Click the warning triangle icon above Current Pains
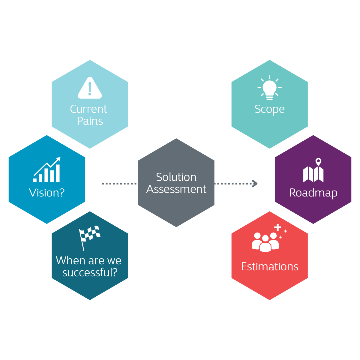point(90,88)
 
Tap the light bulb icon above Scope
point(269,88)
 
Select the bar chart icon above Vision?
point(47,170)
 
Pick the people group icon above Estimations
point(265,242)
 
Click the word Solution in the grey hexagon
point(176,177)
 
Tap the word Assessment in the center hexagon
point(176,189)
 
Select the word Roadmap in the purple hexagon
point(313,193)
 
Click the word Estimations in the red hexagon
point(269,266)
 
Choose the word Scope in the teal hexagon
point(269,109)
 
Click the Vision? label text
point(47,193)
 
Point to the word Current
point(88,109)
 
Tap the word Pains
point(90,121)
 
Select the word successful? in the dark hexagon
point(90,272)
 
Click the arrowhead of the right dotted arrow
point(255,183)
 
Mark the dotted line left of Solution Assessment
point(119,183)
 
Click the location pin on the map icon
point(318,162)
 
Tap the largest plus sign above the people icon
point(278,227)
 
